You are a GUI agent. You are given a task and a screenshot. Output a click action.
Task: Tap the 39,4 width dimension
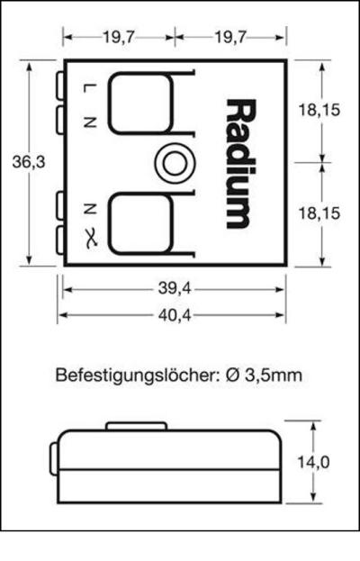174,289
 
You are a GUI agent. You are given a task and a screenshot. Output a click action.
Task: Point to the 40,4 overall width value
174,315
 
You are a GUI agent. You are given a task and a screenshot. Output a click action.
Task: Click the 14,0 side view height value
314,462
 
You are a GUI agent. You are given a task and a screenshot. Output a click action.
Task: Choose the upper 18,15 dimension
319,110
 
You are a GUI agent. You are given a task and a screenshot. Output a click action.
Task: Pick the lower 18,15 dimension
319,213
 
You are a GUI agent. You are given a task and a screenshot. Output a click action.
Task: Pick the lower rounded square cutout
140,223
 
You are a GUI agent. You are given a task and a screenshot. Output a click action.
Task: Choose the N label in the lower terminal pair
87,209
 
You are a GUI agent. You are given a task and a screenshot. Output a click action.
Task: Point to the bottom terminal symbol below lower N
87,237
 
